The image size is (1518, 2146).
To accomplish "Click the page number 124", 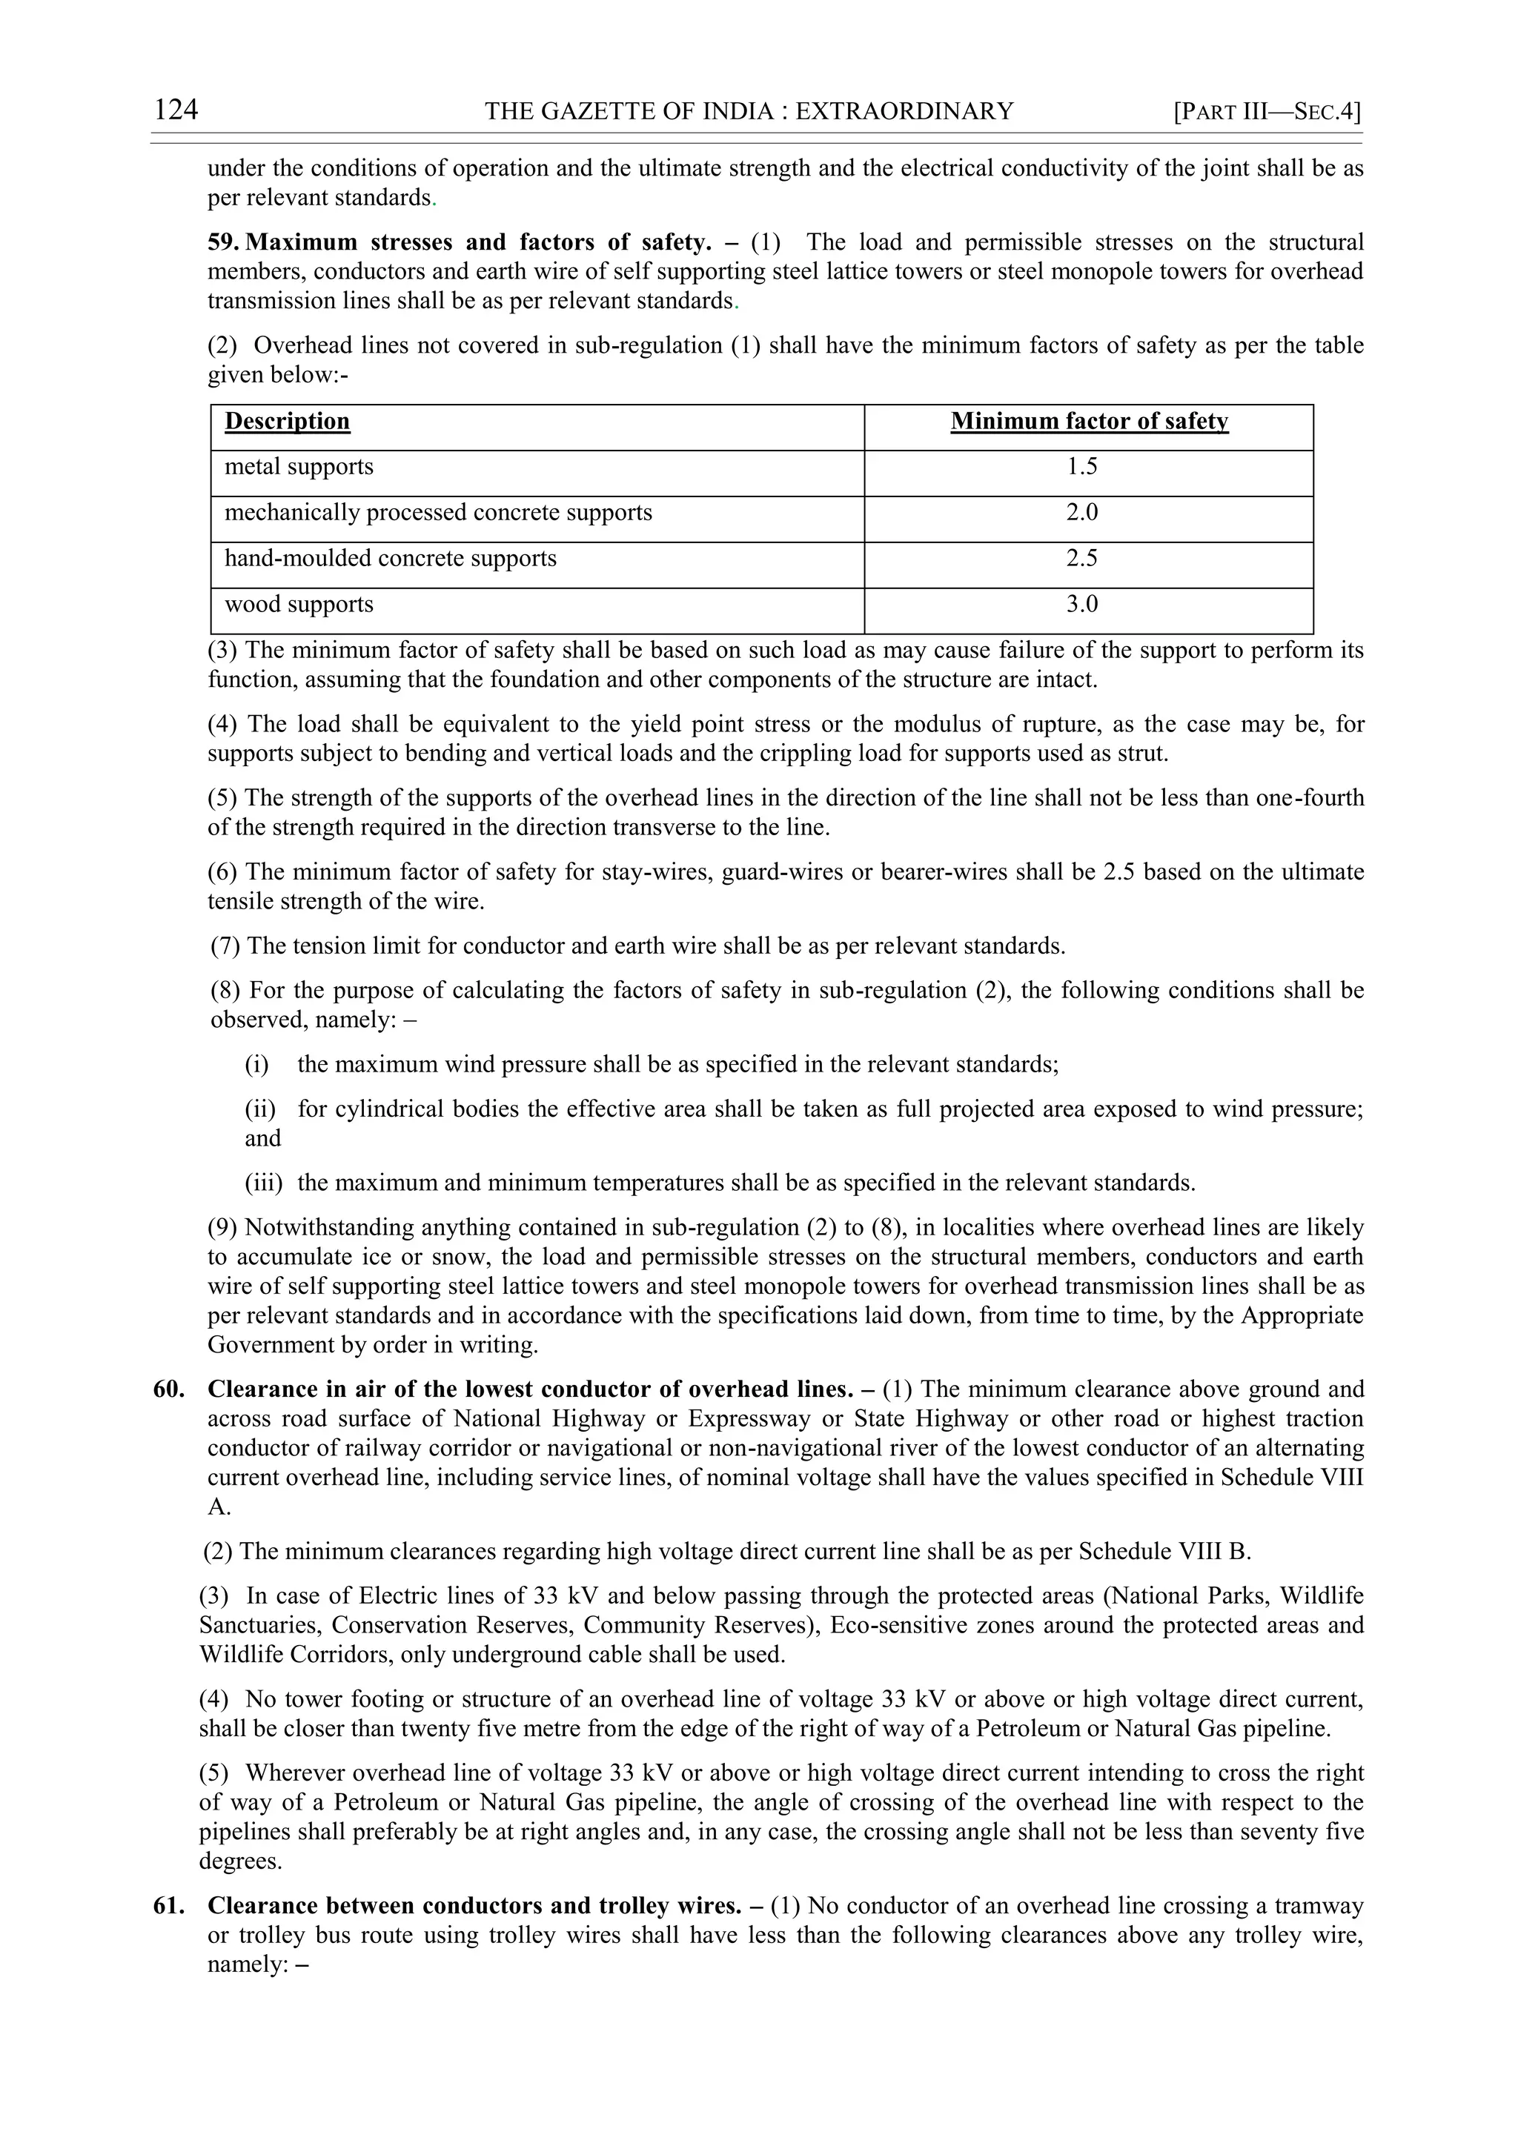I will coord(176,110).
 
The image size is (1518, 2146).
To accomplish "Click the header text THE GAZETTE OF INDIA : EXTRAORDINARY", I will coord(749,112).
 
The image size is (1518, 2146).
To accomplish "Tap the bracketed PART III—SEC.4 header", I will coord(1267,112).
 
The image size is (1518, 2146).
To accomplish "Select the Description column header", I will coord(287,422).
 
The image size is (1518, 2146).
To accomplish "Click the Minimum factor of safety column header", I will coord(1089,422).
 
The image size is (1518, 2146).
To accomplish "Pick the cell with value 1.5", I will coord(1081,466).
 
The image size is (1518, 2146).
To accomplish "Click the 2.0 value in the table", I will coord(1081,512).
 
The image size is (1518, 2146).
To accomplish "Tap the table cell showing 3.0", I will coord(1081,604).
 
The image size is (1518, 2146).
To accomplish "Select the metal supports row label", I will coord(299,466).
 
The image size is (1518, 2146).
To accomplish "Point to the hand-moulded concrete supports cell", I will coord(390,558).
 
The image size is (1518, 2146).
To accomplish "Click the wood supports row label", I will coord(299,604).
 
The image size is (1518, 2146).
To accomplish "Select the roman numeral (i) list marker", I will coord(257,1065).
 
